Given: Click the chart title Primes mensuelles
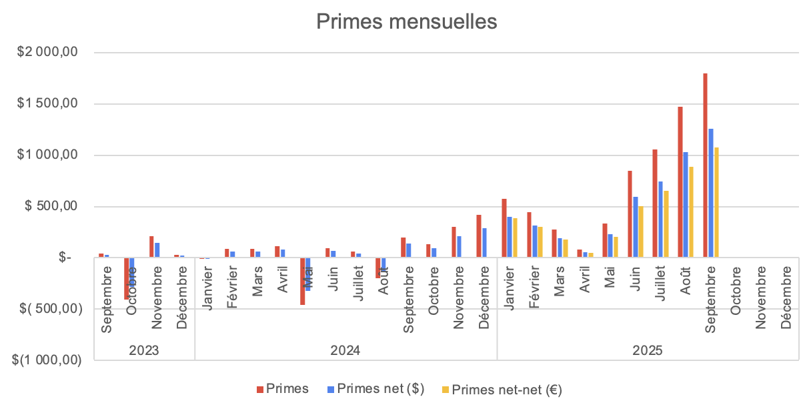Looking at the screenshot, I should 406,21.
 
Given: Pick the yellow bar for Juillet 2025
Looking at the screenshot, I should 666,224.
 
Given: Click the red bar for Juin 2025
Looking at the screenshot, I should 630,214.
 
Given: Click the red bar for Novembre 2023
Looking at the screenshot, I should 151,247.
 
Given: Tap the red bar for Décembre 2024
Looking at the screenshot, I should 479,236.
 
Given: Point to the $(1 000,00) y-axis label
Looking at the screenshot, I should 47,360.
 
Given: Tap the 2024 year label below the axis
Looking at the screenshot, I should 345,350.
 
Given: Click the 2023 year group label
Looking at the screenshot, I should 144,350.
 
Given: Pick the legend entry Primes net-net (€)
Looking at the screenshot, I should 502,390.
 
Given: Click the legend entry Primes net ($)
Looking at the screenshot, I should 380,389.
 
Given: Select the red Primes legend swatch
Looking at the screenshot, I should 260,389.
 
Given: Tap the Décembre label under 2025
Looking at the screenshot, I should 786,296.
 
